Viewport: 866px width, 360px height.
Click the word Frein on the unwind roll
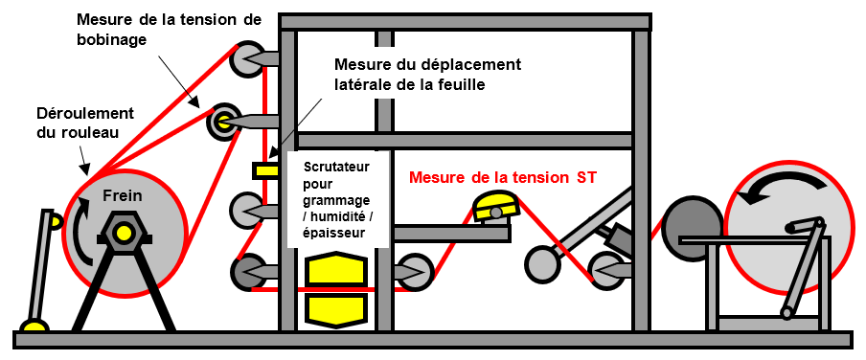[x=122, y=195]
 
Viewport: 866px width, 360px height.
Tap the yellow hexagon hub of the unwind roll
[x=124, y=233]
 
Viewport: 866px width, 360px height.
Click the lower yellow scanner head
[x=336, y=308]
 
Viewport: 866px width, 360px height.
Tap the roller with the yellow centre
[x=224, y=123]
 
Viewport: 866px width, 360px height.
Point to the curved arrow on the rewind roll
[x=779, y=184]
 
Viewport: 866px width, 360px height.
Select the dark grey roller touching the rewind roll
[x=691, y=228]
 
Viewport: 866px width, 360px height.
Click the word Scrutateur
[x=336, y=167]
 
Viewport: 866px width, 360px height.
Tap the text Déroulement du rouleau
[x=85, y=124]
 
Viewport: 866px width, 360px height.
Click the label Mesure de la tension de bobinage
[x=169, y=30]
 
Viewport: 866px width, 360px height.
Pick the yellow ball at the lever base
[x=34, y=326]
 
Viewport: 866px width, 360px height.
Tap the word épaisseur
[x=333, y=233]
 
